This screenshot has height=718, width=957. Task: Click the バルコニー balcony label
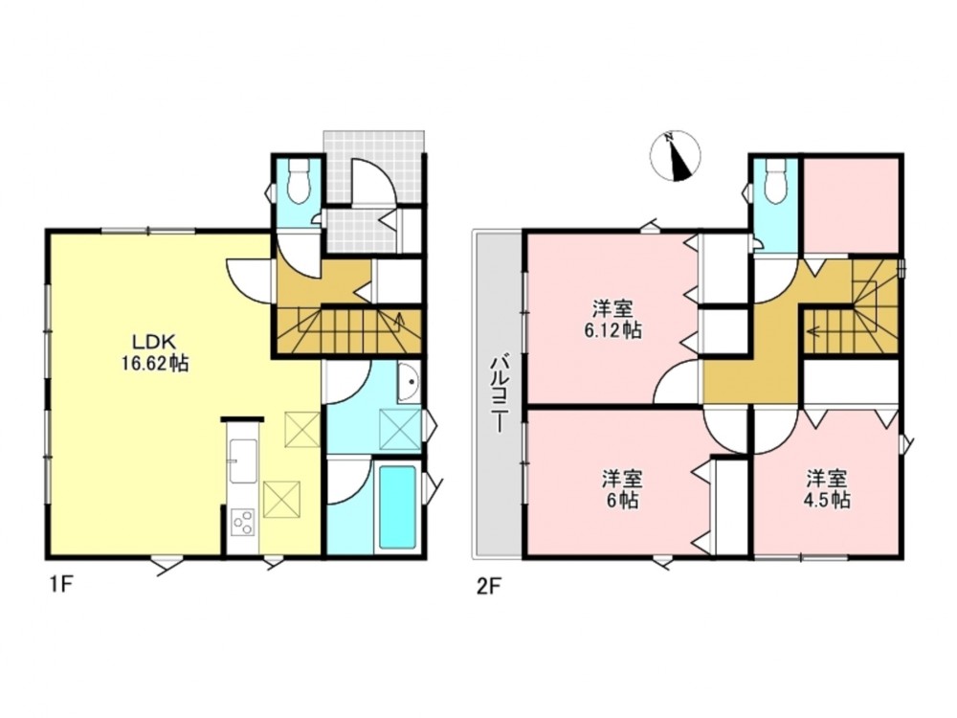click(500, 395)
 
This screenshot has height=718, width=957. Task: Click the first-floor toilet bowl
click(298, 181)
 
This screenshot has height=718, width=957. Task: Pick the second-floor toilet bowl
click(774, 181)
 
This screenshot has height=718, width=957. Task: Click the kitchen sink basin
click(243, 461)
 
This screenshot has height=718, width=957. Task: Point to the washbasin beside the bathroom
click(409, 383)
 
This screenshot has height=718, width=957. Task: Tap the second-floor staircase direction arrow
click(817, 332)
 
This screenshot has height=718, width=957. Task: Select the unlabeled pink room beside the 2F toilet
click(850, 205)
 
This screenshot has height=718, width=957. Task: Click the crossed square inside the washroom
click(400, 431)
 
